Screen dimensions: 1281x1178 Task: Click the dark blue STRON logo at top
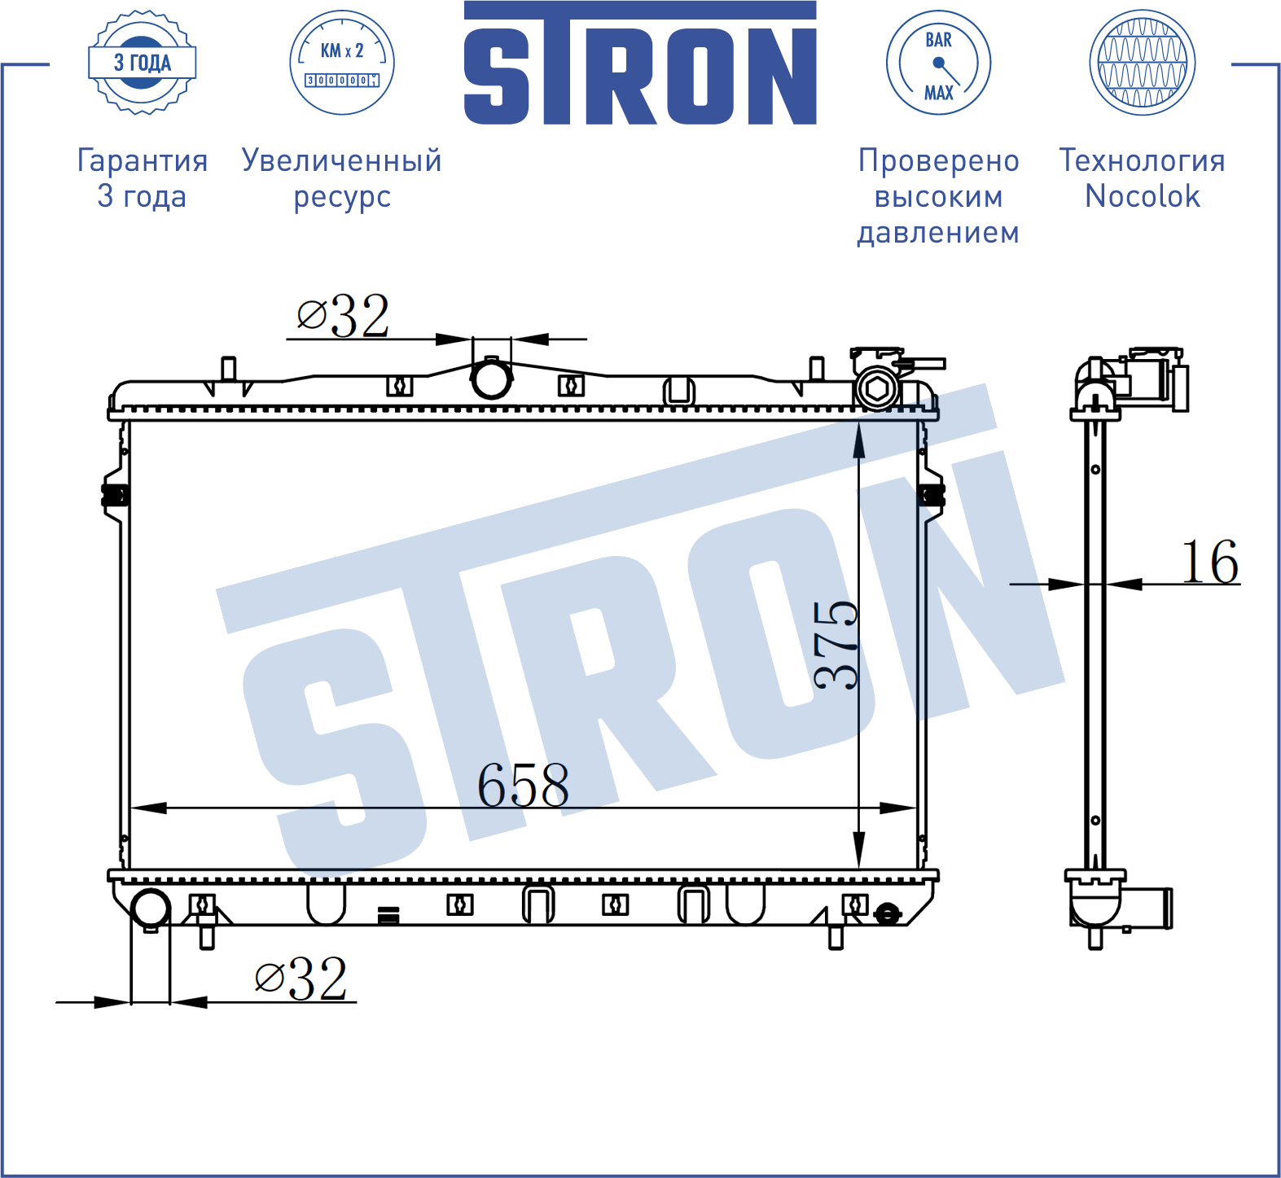(x=640, y=63)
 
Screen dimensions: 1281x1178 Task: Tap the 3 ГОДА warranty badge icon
(x=142, y=63)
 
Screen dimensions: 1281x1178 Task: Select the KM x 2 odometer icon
(x=342, y=63)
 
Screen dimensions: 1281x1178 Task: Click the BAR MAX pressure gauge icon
(x=938, y=63)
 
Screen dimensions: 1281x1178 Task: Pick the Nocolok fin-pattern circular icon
(x=1143, y=63)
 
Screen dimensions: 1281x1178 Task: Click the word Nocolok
(x=1143, y=196)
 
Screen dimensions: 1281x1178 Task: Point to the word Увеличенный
(x=342, y=160)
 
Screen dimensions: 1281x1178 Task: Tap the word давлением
(x=938, y=233)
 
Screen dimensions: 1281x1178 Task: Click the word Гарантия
(x=143, y=160)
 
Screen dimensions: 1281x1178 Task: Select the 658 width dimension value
(x=523, y=786)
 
